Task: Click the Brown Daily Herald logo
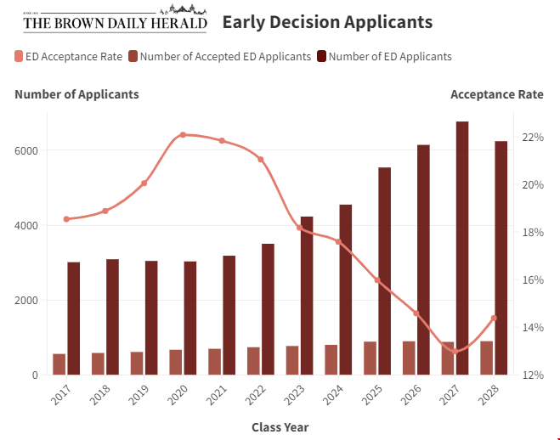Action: (115, 21)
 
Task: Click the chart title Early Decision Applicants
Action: (327, 22)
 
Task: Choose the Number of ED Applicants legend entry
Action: (384, 56)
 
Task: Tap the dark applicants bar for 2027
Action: (462, 248)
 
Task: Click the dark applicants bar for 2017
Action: (74, 319)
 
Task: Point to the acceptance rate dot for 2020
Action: (183, 135)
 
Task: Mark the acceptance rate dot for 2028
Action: (494, 318)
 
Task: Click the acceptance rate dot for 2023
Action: (299, 228)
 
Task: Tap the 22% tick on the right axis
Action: (533, 138)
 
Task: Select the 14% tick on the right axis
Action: (533, 328)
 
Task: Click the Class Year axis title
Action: (280, 427)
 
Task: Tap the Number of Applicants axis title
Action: (76, 94)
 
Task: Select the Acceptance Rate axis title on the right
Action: (496, 94)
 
